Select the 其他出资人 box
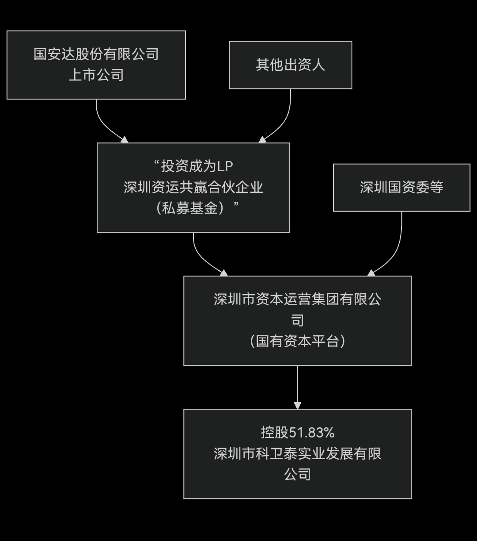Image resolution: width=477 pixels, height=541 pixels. point(290,65)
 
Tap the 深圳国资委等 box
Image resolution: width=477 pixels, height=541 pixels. point(401,188)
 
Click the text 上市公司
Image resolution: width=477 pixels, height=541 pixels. point(96,75)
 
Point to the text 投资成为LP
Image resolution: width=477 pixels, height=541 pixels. point(193,166)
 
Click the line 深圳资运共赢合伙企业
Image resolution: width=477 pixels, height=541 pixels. point(193,187)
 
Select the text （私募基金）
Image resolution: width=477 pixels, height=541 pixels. point(193,208)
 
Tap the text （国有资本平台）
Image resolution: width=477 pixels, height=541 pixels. point(297,341)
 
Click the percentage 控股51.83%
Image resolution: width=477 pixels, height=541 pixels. point(297,433)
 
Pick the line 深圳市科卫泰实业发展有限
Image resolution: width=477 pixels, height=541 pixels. point(297,453)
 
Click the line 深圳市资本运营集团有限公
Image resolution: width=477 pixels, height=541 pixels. point(297,299)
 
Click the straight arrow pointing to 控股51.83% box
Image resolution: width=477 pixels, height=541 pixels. point(297,385)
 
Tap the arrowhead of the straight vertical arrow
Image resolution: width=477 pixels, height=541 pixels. point(297,405)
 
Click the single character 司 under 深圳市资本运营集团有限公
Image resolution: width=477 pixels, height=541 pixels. point(297,320)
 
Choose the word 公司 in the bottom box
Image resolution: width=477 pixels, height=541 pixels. point(297,474)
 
